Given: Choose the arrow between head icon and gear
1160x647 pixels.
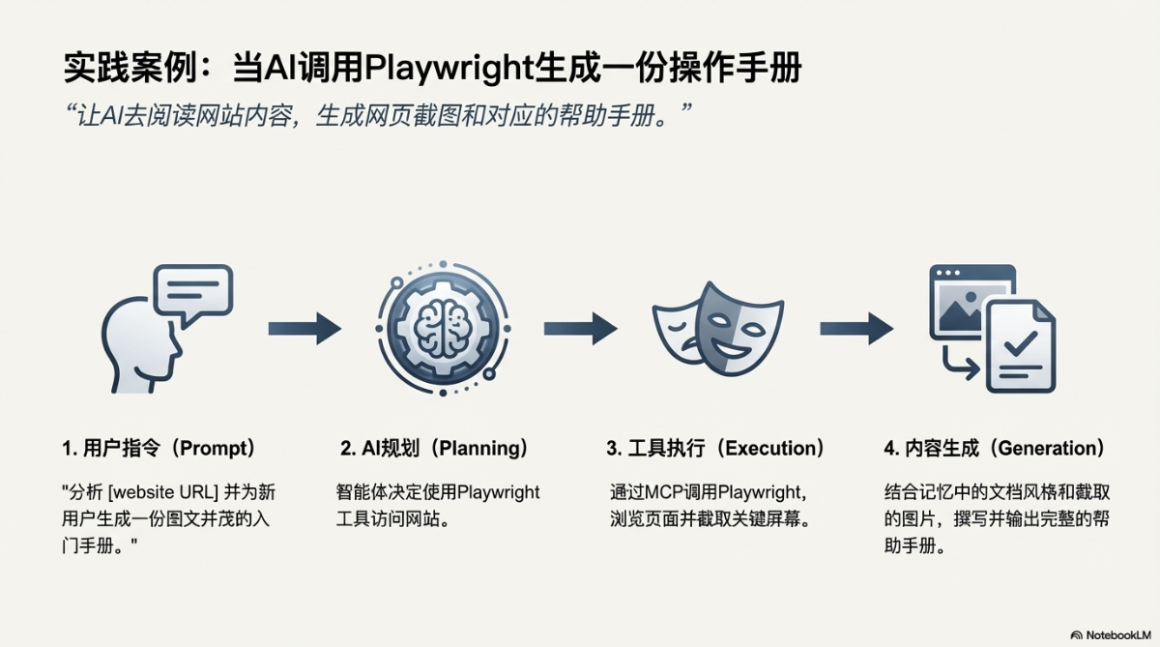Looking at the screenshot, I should click(304, 329).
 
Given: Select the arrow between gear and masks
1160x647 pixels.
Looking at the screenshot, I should click(580, 329).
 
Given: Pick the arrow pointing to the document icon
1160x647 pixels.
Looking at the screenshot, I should click(856, 329).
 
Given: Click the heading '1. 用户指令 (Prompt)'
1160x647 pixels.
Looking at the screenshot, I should click(159, 449).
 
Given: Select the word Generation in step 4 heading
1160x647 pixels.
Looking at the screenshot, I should click(1049, 449).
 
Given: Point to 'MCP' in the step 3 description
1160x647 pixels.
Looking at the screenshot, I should click(665, 493).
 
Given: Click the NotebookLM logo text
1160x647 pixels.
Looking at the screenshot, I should click(1118, 634).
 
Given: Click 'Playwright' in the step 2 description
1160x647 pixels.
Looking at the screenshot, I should click(498, 493).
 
